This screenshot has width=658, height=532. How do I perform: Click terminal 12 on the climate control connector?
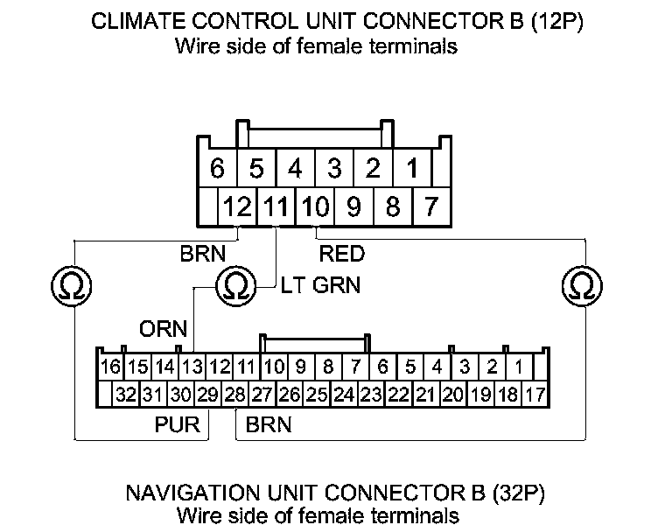coord(237,207)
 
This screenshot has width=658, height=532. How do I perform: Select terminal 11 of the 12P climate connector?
coord(276,207)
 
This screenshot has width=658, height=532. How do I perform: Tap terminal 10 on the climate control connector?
coord(314,207)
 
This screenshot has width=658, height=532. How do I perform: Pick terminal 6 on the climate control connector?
coord(218,167)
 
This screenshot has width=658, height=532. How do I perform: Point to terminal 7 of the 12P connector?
coord(430,207)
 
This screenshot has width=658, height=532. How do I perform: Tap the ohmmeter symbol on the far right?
coord(579,284)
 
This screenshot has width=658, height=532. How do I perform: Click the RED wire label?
coord(342,255)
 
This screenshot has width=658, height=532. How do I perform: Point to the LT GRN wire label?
coord(320,285)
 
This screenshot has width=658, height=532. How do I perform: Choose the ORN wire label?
coord(164,329)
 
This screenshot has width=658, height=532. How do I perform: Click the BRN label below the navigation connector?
coord(269,426)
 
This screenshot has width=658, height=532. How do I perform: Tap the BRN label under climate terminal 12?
coord(203,255)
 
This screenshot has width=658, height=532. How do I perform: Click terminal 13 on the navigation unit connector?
coord(192,366)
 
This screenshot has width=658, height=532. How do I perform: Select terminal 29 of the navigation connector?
coord(206,395)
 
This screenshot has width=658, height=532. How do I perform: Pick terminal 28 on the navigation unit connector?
coord(234,395)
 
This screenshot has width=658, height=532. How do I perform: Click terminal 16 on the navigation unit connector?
coord(109,366)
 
